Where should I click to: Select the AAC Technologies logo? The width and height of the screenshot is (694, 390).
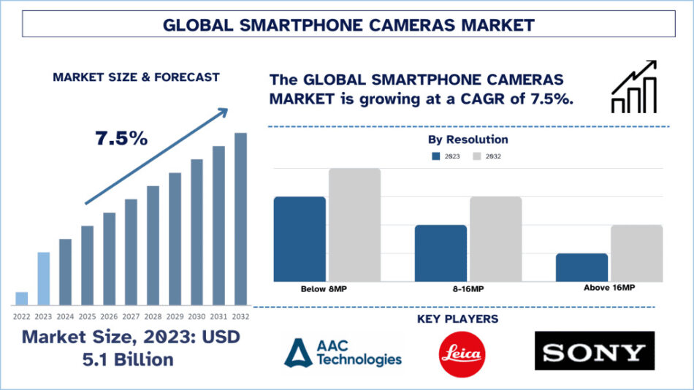point(343,352)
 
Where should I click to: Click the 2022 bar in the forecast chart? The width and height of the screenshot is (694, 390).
point(22,298)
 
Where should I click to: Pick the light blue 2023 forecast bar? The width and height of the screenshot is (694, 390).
point(44,278)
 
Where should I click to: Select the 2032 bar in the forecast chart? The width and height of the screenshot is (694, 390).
point(240,218)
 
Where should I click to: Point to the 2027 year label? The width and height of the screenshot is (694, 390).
point(131,316)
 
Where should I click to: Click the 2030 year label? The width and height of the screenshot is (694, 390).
point(197,316)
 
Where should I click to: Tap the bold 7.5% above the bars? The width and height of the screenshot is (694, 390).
point(121,138)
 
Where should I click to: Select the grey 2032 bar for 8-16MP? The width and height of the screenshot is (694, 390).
point(495,239)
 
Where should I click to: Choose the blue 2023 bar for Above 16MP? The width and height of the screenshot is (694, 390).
point(581,267)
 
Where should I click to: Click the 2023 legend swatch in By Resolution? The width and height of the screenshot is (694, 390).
point(436,156)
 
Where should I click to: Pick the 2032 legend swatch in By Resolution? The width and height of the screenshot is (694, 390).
point(478,156)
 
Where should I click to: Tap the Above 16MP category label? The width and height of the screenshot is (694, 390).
point(609,288)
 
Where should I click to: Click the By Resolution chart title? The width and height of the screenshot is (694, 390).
point(468,139)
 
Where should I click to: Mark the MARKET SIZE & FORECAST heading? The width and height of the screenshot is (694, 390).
point(136,77)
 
